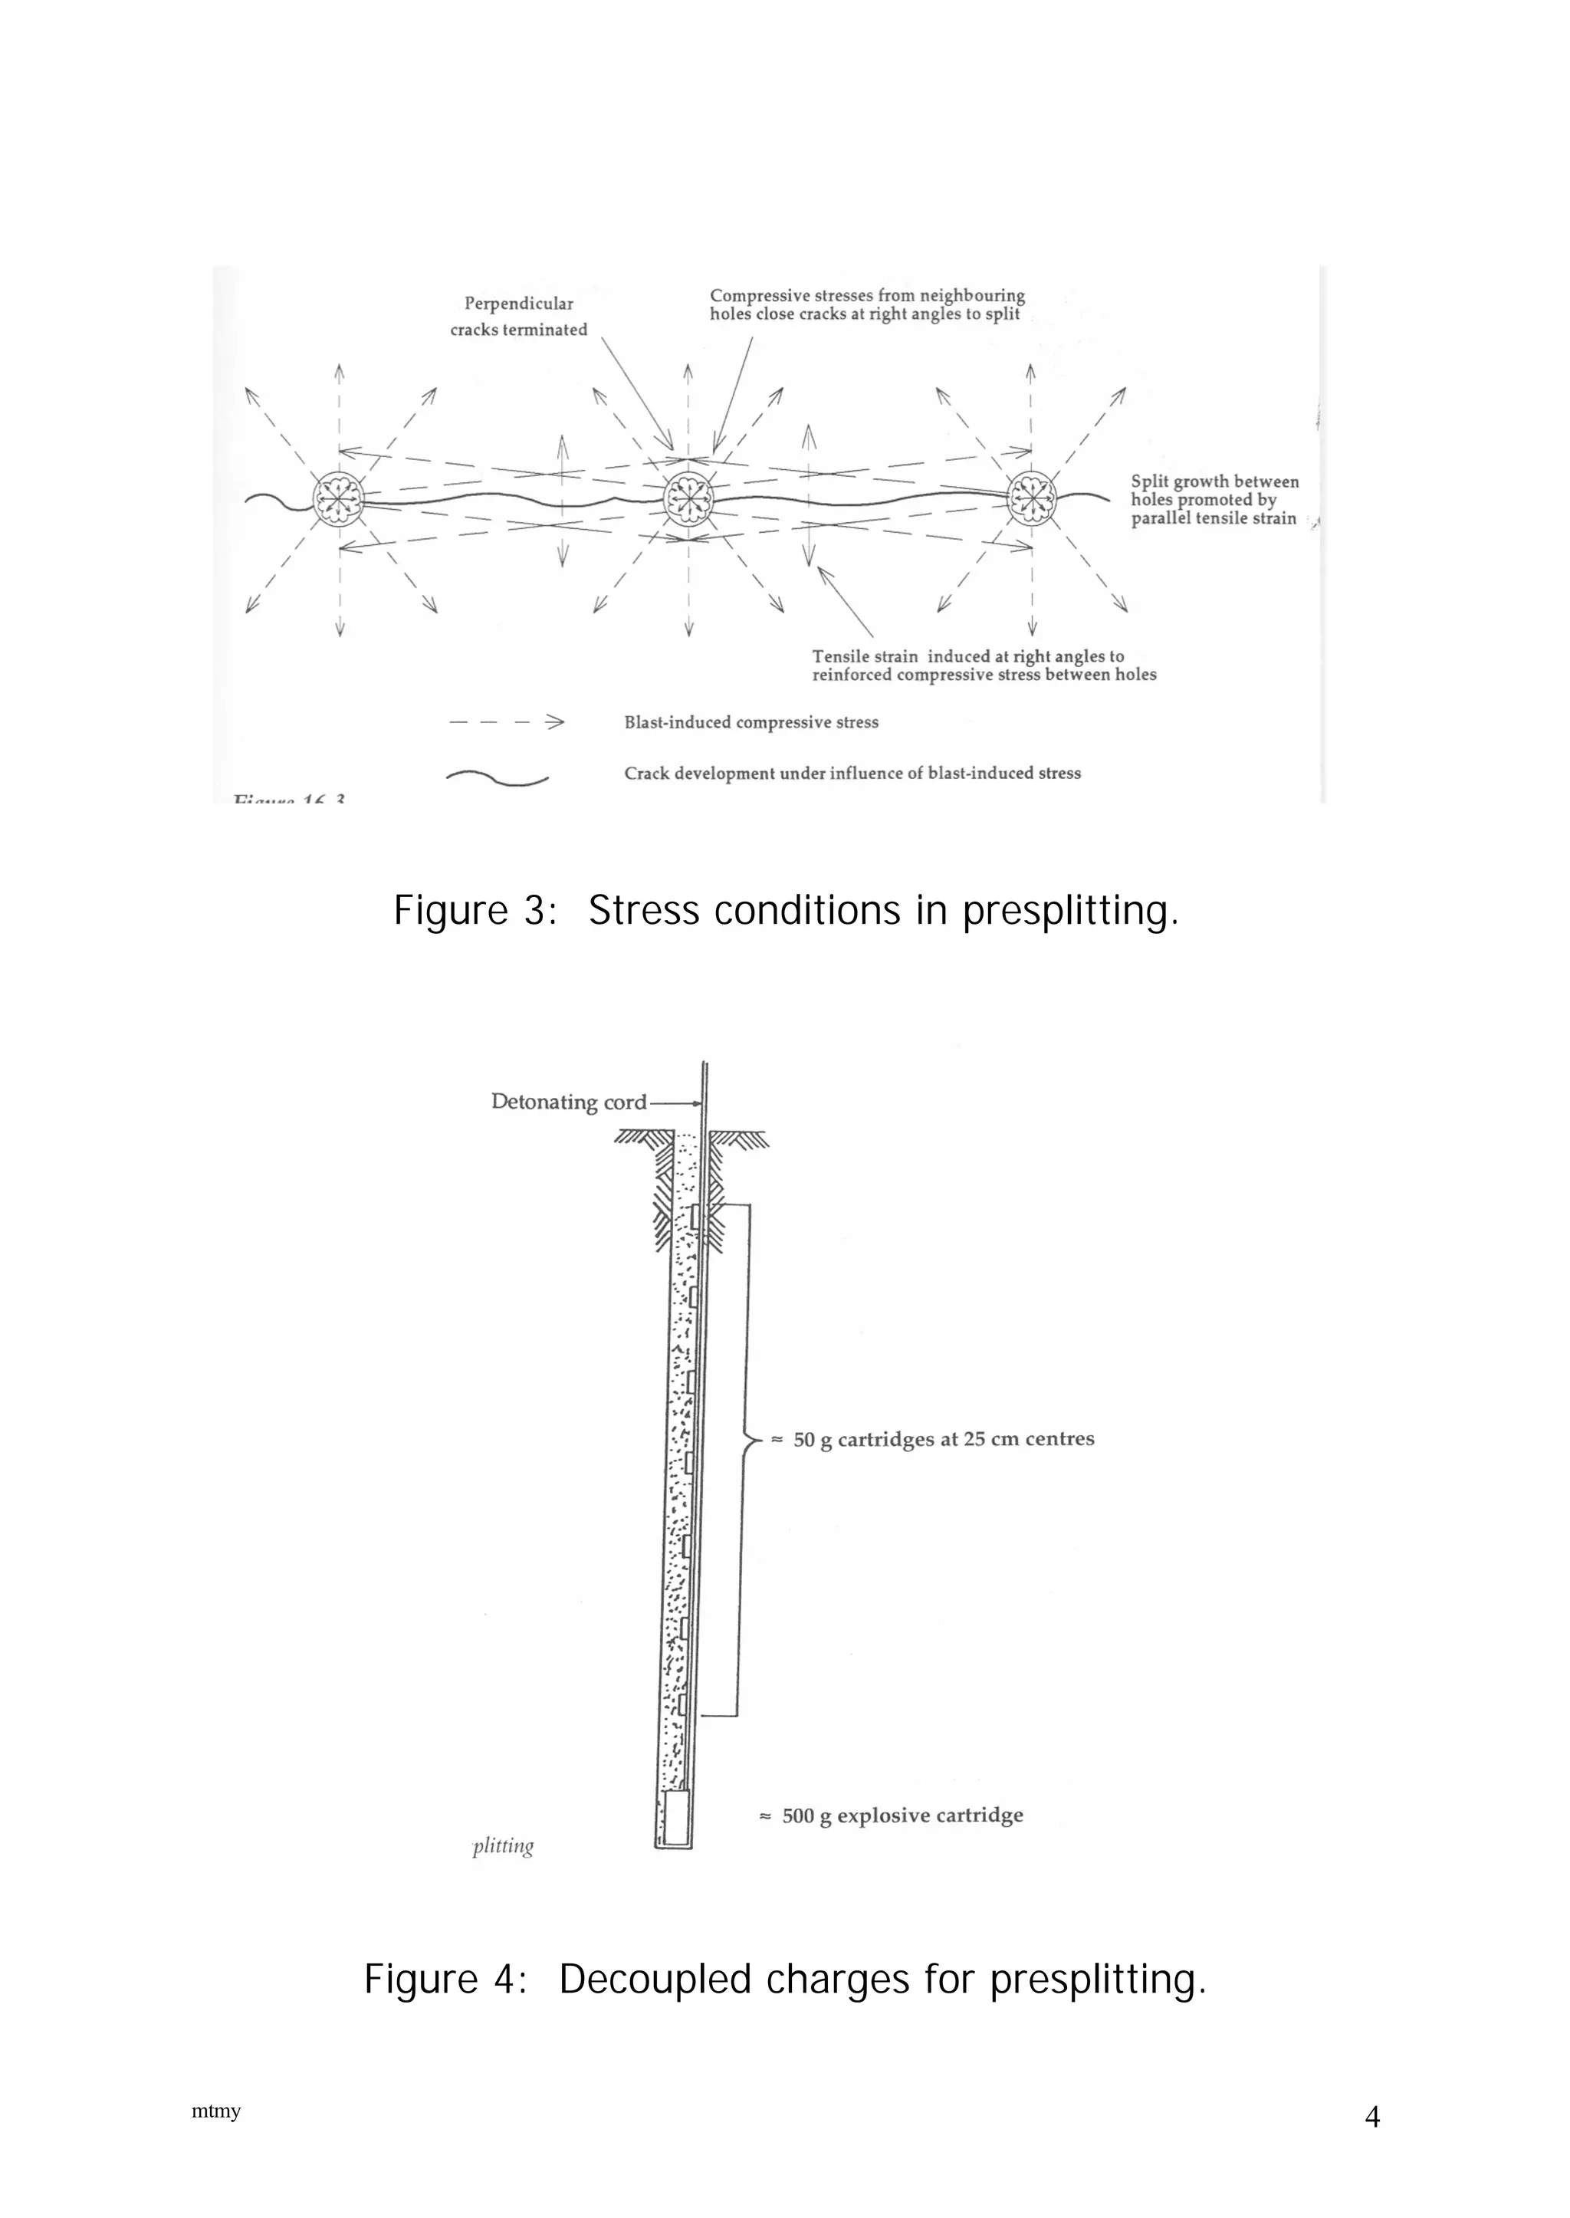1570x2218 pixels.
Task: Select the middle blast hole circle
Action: point(688,500)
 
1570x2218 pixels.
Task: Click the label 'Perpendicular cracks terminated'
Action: point(519,316)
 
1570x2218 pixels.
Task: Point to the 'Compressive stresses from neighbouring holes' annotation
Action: point(866,304)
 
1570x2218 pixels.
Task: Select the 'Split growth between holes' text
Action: point(1214,500)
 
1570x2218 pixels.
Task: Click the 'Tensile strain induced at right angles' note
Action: point(984,665)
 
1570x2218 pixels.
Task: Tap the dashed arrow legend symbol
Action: point(507,722)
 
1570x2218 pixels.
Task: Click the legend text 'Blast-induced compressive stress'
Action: point(751,722)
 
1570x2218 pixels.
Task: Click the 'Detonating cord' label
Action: point(569,1102)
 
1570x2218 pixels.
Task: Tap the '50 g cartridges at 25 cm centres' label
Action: point(944,1439)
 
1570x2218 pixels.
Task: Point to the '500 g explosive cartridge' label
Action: point(902,1815)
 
